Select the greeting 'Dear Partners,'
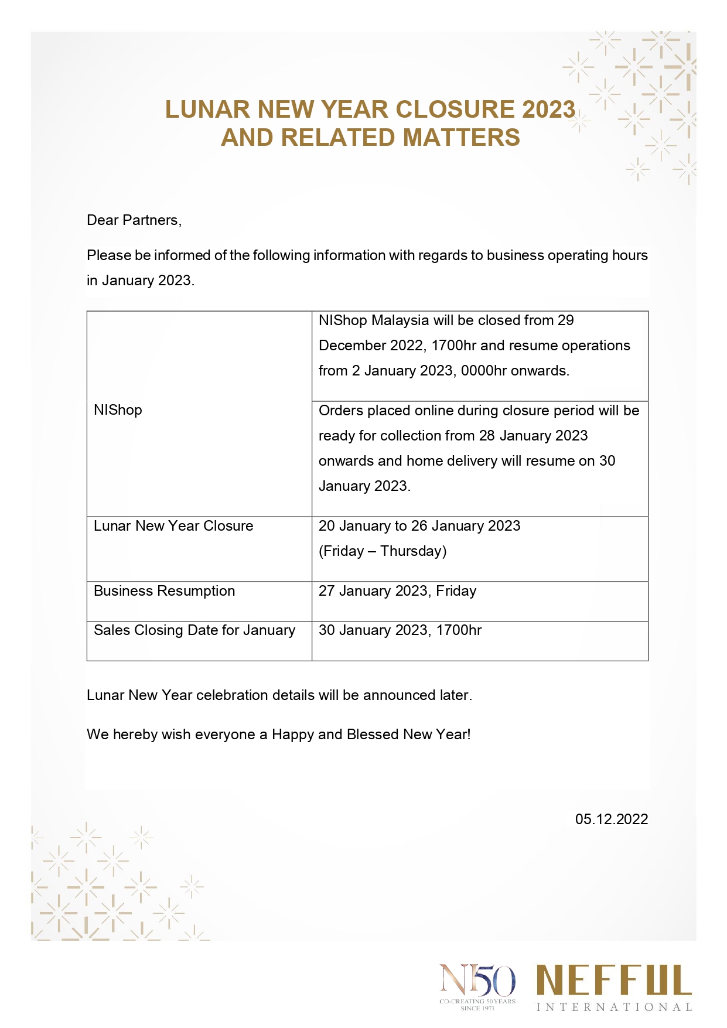point(134,220)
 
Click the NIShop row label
point(118,410)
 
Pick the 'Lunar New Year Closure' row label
point(173,526)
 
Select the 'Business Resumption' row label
point(164,591)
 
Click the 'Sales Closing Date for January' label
point(194,630)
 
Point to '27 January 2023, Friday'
point(397,591)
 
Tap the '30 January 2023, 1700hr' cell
point(400,630)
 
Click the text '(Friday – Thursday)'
point(383,551)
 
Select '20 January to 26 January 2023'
point(419,526)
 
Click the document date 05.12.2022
point(611,819)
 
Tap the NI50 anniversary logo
point(477,981)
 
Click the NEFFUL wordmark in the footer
point(614,980)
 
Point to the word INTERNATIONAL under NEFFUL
point(614,1007)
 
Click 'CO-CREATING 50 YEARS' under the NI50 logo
point(477,1001)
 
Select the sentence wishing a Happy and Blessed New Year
point(278,735)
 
